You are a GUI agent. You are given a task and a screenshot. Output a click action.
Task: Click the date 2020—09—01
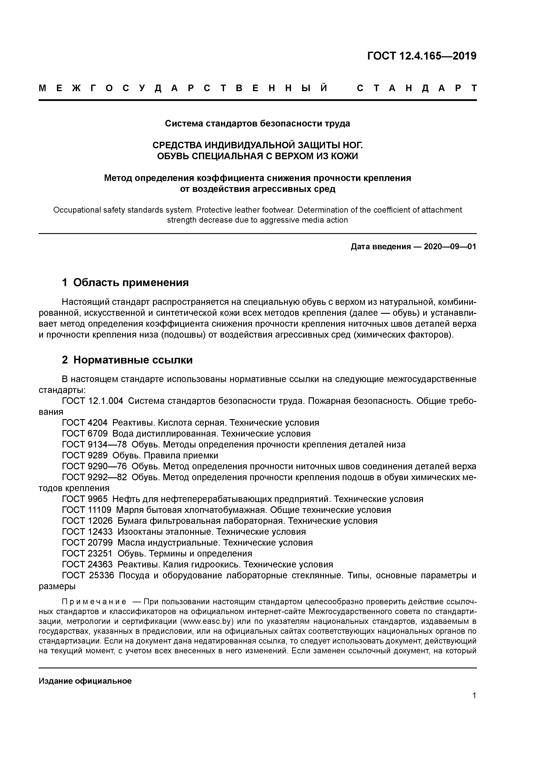tap(450, 247)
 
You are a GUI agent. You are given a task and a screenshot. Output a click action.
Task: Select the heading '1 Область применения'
tap(125, 283)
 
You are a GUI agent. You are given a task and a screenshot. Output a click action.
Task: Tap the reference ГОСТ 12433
tap(87, 532)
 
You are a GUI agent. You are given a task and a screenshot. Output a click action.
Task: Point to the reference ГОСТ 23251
tap(87, 553)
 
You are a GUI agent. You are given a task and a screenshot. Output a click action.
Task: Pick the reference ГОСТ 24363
tap(87, 564)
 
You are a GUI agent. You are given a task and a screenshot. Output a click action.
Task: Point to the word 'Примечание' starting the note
tap(94, 602)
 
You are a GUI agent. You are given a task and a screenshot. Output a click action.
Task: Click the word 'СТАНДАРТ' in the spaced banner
tap(417, 88)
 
